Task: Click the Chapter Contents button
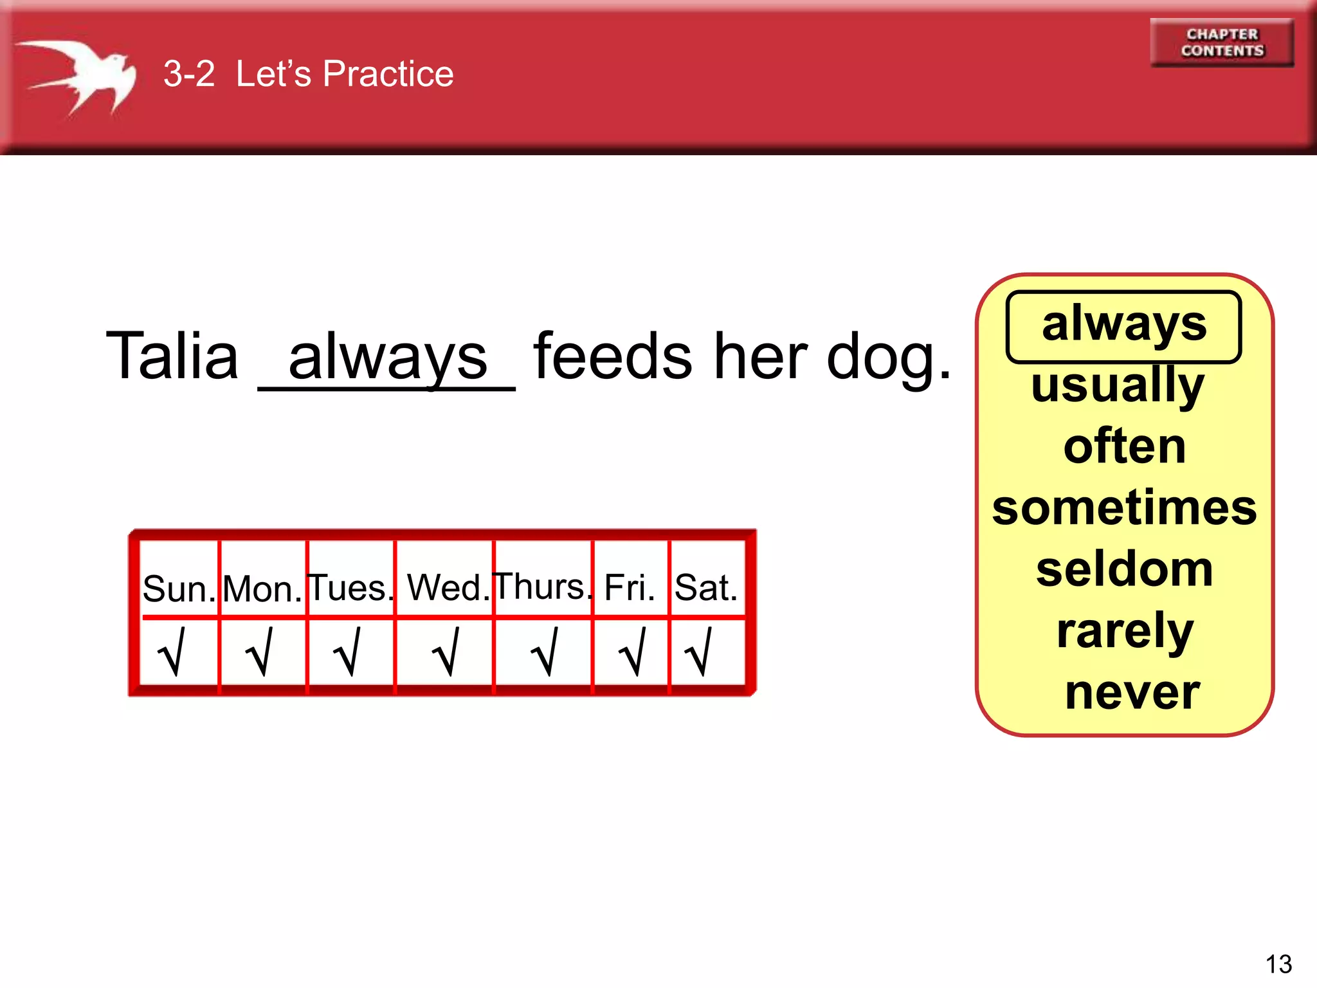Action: [1221, 42]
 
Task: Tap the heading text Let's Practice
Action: [344, 73]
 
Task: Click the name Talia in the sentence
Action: [172, 356]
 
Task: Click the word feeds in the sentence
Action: [612, 356]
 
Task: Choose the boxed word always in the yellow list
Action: [1123, 325]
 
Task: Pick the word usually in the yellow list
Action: [1118, 386]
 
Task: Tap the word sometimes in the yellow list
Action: [1124, 508]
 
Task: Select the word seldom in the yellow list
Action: [1124, 569]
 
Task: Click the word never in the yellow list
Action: [1132, 693]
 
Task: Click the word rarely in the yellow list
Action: [1125, 632]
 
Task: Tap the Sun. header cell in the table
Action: [179, 587]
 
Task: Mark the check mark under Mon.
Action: [260, 652]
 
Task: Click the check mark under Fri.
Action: [631, 652]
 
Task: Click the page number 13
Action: [1278, 964]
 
